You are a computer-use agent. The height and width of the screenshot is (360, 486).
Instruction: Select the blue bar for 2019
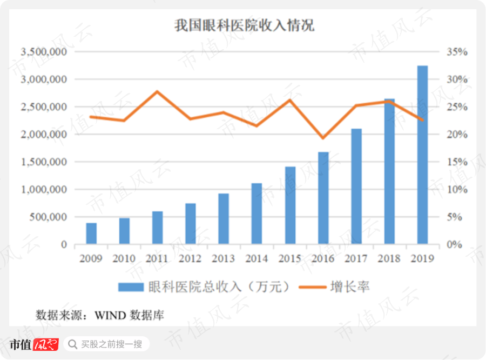(422, 155)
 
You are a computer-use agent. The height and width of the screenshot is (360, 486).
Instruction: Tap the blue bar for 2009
(91, 234)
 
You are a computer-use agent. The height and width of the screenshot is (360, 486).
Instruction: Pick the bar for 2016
(323, 198)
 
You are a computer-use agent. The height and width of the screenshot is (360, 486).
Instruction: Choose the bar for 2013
(224, 219)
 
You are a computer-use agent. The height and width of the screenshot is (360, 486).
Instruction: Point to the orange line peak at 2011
(157, 91)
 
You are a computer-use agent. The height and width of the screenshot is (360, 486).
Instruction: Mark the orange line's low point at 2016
(323, 138)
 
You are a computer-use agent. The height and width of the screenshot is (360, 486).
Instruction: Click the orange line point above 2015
(290, 99)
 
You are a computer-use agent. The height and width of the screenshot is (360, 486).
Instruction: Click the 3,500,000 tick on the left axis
(43, 52)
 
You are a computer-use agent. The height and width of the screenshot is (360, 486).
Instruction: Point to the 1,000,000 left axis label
(43, 190)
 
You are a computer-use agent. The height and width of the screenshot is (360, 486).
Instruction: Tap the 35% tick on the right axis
(456, 52)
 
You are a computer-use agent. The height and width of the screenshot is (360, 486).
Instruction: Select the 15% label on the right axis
(456, 162)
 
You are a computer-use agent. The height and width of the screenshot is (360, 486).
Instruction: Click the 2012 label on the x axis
(190, 258)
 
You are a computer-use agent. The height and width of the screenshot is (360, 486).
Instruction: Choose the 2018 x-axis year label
(389, 258)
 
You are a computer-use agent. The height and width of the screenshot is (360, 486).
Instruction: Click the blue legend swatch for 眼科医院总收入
(131, 286)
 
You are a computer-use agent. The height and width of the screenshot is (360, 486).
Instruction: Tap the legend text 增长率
(350, 286)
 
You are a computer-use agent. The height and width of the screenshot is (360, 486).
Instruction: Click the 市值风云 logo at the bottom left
(33, 344)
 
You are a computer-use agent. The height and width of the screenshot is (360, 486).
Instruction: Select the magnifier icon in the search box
(72, 344)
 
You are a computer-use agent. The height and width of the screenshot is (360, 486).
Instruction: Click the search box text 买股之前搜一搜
(111, 344)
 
